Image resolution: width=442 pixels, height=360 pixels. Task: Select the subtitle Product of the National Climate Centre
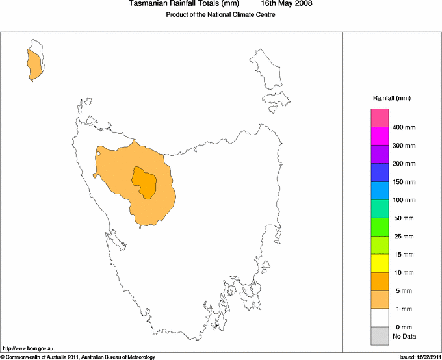(x=220, y=15)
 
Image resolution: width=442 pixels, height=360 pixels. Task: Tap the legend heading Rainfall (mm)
(x=392, y=98)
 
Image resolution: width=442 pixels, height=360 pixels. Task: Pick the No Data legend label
(x=404, y=336)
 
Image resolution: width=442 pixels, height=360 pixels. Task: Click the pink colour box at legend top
(x=380, y=118)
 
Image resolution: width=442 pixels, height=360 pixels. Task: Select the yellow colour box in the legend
(x=380, y=263)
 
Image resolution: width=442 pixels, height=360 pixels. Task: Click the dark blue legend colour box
(x=380, y=173)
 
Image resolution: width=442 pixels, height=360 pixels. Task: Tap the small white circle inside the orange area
(x=98, y=154)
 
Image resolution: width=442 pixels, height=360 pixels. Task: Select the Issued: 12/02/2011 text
(x=419, y=357)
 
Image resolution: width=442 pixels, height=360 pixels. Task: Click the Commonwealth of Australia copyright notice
(x=78, y=357)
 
